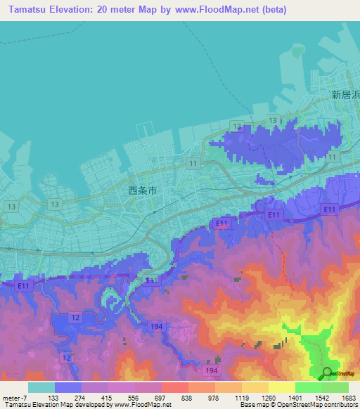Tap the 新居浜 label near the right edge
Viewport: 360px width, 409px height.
click(345, 94)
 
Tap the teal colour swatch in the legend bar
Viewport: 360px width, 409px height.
click(41, 387)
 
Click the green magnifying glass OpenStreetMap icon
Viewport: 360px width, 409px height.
click(327, 373)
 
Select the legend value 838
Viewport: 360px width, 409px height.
click(188, 398)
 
